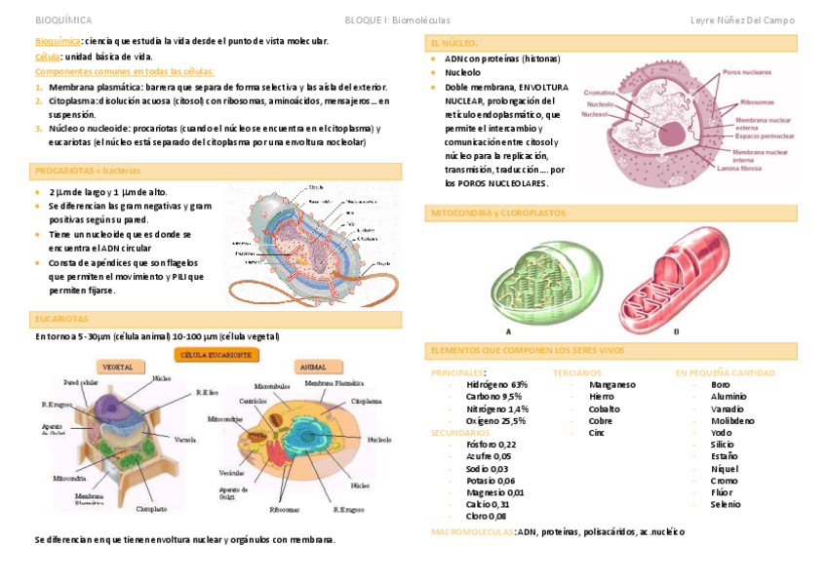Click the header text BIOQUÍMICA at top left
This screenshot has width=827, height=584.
[63, 19]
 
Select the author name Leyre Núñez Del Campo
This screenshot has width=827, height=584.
[742, 19]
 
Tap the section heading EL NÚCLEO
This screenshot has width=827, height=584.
[454, 44]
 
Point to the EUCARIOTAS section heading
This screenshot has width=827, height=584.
[61, 319]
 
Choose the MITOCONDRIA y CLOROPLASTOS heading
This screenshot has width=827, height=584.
[497, 213]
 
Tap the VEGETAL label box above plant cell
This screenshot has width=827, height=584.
[117, 368]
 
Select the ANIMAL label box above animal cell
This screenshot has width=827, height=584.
[312, 368]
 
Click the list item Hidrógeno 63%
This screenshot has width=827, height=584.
[496, 385]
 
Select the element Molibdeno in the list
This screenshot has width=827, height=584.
[732, 421]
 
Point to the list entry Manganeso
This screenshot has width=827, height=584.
[611, 385]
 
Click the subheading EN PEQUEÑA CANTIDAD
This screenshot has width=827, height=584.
[725, 372]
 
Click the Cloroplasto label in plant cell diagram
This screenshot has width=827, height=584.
[151, 509]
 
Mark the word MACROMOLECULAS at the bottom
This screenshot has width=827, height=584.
[472, 532]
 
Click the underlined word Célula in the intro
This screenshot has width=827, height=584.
[47, 57]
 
